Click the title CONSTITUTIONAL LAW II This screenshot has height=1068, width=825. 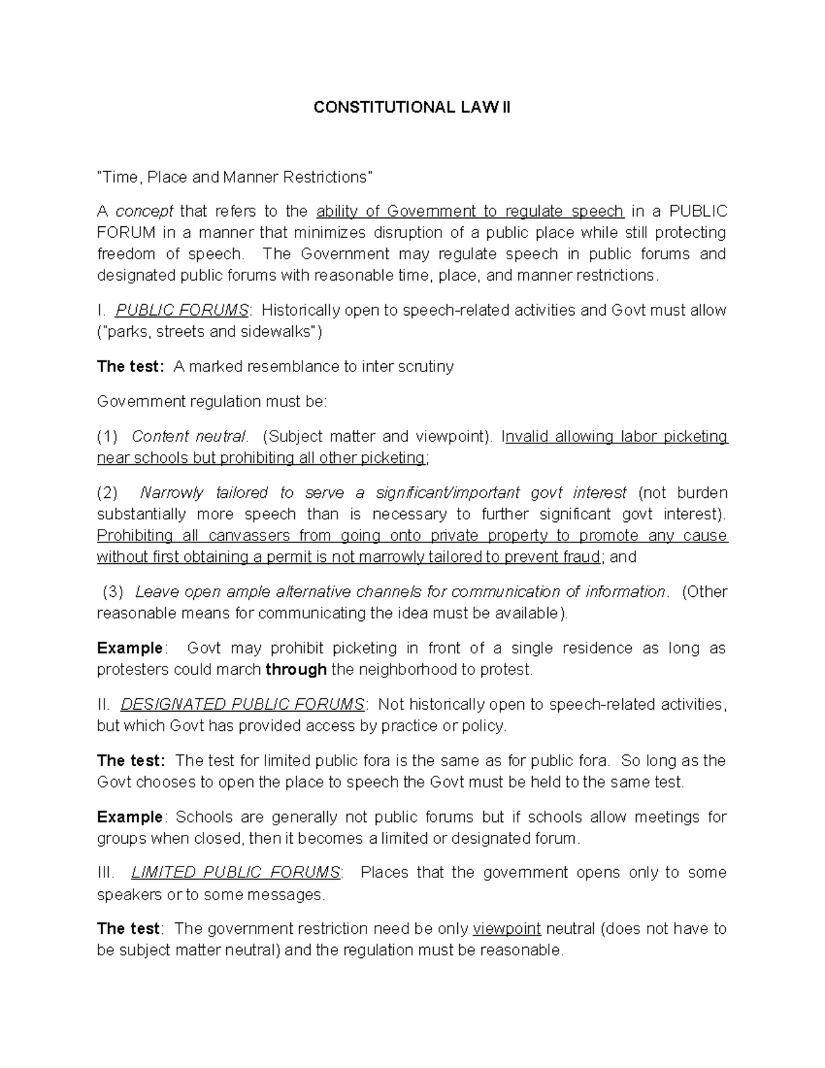pos(412,108)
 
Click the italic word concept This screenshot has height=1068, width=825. pos(144,211)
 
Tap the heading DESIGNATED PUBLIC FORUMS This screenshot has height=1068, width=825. pos(242,704)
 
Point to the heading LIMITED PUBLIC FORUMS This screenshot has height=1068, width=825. pos(235,873)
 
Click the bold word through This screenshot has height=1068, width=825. pos(296,669)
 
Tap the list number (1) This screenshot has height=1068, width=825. pos(107,437)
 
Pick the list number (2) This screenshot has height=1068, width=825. pos(107,493)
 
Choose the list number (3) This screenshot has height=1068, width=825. pos(112,592)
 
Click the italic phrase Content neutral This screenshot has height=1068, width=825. pos(189,437)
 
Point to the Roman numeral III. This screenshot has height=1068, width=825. pos(105,873)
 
